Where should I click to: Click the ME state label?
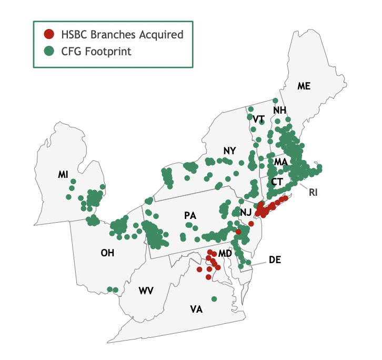pyautogui.click(x=304, y=86)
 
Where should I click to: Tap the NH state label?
pyautogui.click(x=279, y=110)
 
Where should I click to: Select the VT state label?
pyautogui.click(x=258, y=119)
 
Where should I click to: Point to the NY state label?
pyautogui.click(x=230, y=151)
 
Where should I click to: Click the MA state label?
pyautogui.click(x=280, y=162)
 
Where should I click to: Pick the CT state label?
pyautogui.click(x=277, y=182)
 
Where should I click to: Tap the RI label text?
pyautogui.click(x=314, y=192)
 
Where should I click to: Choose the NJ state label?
pyautogui.click(x=246, y=212)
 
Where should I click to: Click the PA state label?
pyautogui.click(x=190, y=215)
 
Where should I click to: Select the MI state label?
pyautogui.click(x=63, y=174)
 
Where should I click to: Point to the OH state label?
pyautogui.click(x=107, y=253)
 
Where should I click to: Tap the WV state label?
pyautogui.click(x=146, y=291)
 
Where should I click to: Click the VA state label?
pyautogui.click(x=196, y=309)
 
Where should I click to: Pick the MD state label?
pyautogui.click(x=225, y=254)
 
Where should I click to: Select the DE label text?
pyautogui.click(x=275, y=259)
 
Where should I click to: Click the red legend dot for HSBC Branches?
pyautogui.click(x=49, y=35)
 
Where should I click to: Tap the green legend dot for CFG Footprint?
pyautogui.click(x=49, y=51)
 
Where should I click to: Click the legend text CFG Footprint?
pyautogui.click(x=95, y=51)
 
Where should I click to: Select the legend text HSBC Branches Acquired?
pyautogui.click(x=121, y=35)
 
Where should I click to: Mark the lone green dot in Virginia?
pyautogui.click(x=214, y=299)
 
